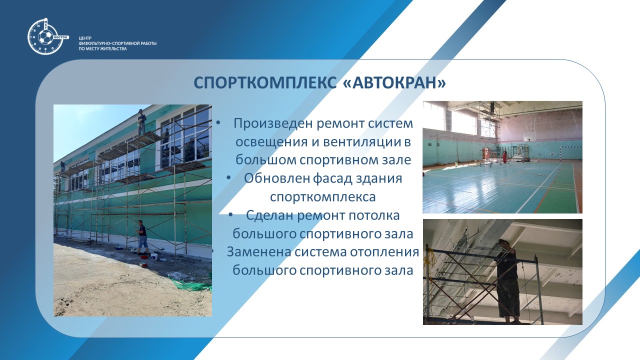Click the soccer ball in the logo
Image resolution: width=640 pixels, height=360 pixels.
pos(45,37)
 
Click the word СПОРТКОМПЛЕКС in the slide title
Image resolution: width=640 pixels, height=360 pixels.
pos(265,83)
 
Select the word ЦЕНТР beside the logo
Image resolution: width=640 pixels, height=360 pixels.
pos(85,38)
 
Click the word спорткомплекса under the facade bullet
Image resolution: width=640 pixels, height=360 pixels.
pos(322,197)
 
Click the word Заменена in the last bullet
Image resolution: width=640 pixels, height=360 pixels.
pos(259,252)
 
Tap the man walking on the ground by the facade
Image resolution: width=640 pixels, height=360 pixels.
pos(142,237)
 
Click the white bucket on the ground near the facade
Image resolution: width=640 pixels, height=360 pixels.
pos(154,256)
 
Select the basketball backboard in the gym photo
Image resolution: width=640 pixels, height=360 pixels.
pos(527,136)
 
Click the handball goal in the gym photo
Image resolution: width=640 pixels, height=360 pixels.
pos(570,153)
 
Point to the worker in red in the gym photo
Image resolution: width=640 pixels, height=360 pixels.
pos(505,157)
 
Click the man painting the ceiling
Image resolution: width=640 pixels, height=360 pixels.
pos(507,281)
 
